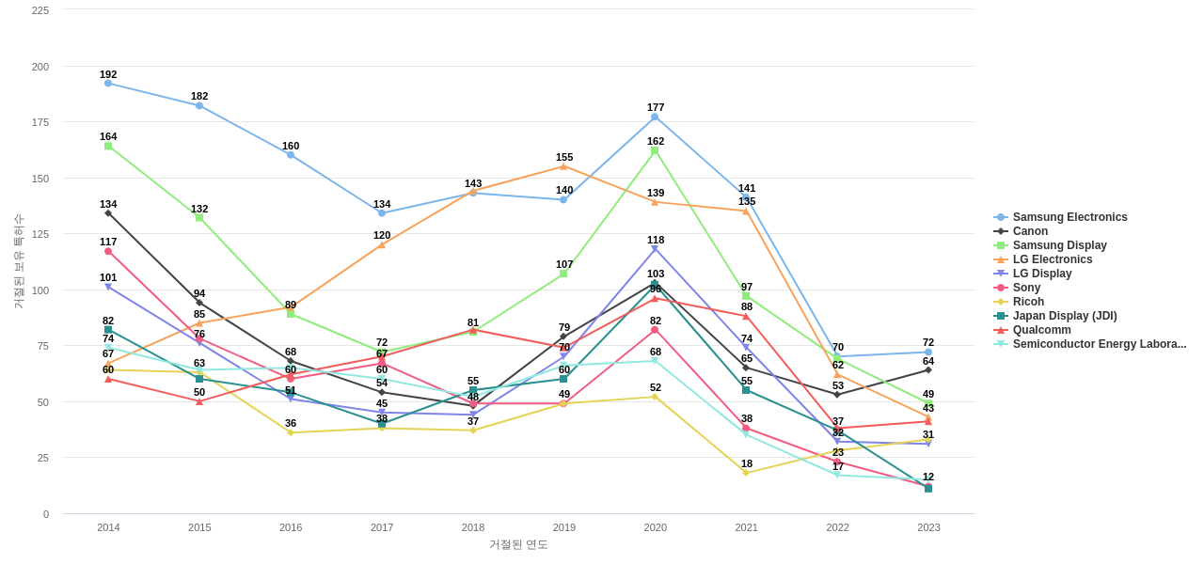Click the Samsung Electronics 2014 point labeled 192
108,84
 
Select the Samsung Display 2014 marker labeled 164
108,147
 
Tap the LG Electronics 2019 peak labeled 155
563,166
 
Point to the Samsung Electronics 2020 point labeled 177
655,117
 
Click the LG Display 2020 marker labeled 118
655,249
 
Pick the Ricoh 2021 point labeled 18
746,473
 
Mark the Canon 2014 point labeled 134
108,213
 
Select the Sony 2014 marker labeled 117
108,252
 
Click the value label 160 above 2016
291,146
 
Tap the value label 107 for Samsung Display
564,264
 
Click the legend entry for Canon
1030,231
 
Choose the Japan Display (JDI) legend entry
1064,316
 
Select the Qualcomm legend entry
1041,330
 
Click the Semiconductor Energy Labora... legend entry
1099,344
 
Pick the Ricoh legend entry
1028,302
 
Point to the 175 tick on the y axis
40,122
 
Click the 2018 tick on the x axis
473,527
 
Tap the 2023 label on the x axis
928,527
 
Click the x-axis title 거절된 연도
518,544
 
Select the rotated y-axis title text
18,261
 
